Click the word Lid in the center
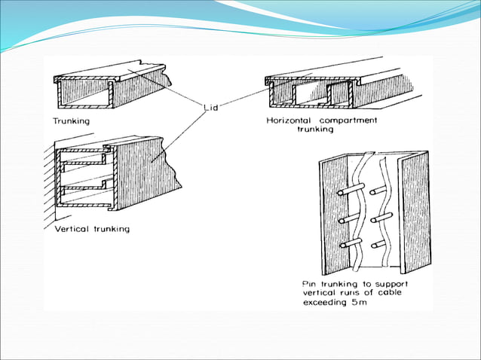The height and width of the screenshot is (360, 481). tap(213, 107)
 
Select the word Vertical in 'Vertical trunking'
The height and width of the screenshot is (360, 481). tap(73, 229)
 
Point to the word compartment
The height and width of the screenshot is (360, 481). tap(353, 120)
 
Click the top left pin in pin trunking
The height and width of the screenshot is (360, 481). tap(345, 193)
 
